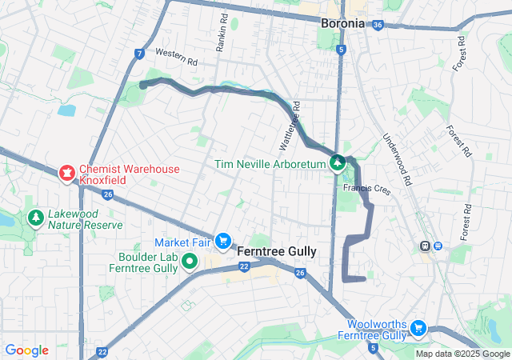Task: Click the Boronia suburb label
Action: click(x=342, y=23)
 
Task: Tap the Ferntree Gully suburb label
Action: click(x=278, y=251)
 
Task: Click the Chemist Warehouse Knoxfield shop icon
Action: click(x=67, y=171)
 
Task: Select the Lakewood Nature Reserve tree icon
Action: click(x=35, y=218)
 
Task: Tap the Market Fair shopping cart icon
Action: click(x=223, y=241)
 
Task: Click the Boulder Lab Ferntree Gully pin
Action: click(x=190, y=261)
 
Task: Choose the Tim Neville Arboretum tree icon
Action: click(x=338, y=163)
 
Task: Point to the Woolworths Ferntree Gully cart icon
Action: click(x=417, y=328)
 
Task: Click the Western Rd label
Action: click(x=176, y=57)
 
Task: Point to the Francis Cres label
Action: click(x=366, y=188)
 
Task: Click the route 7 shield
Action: click(x=140, y=54)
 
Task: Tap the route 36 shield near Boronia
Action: click(x=378, y=25)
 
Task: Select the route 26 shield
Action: click(x=300, y=274)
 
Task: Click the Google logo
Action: click(x=26, y=350)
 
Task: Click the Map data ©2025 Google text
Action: click(x=462, y=354)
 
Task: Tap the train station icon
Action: click(x=426, y=246)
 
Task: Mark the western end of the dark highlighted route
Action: click(x=142, y=83)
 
